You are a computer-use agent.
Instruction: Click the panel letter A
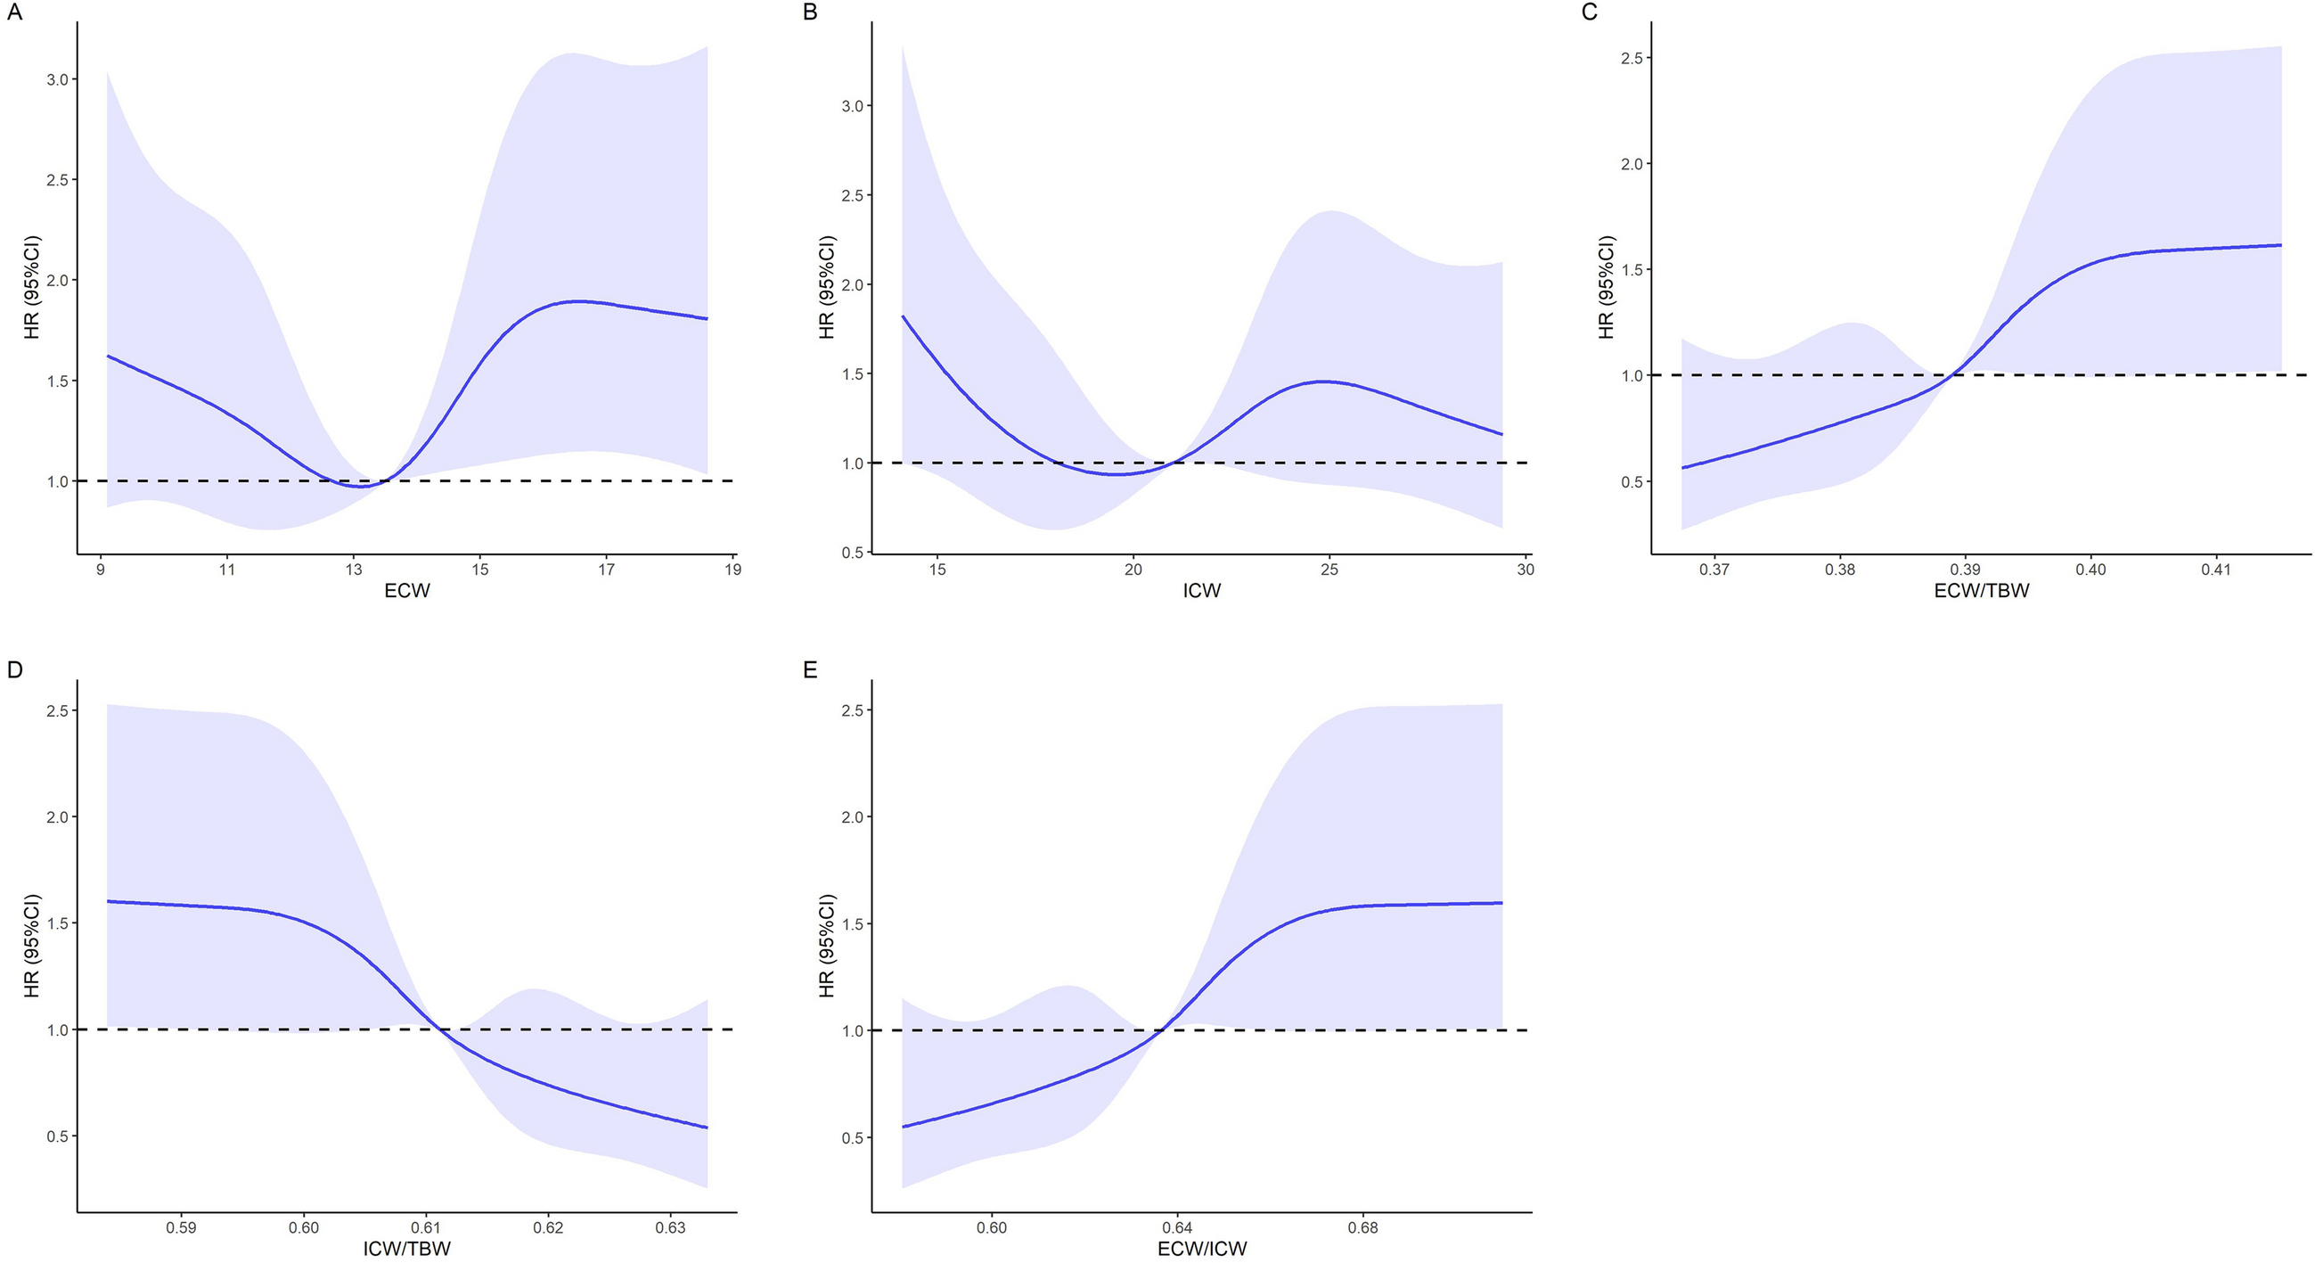(14, 12)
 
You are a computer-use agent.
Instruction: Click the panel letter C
(1589, 12)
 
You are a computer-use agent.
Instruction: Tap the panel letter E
(810, 669)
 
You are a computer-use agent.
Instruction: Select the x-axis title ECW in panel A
(407, 591)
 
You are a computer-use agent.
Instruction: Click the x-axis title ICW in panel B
(1201, 591)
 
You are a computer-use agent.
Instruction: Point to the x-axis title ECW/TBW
(1982, 591)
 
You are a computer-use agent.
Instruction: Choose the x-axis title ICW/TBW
(407, 1249)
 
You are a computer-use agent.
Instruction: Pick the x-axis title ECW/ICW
(1201, 1249)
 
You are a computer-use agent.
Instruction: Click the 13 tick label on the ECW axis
(354, 569)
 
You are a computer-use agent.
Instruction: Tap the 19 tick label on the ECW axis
(733, 569)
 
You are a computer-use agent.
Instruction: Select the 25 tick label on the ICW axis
(1329, 569)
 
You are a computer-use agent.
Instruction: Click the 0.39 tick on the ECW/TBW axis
(1966, 569)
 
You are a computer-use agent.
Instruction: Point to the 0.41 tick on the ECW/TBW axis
(2216, 569)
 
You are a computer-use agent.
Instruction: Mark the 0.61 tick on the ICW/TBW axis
(426, 1227)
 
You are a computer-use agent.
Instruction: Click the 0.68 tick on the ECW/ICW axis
(1363, 1227)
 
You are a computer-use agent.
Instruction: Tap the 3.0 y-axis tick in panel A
(58, 79)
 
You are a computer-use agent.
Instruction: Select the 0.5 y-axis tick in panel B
(852, 552)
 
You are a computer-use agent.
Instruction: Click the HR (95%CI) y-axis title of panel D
(32, 946)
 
